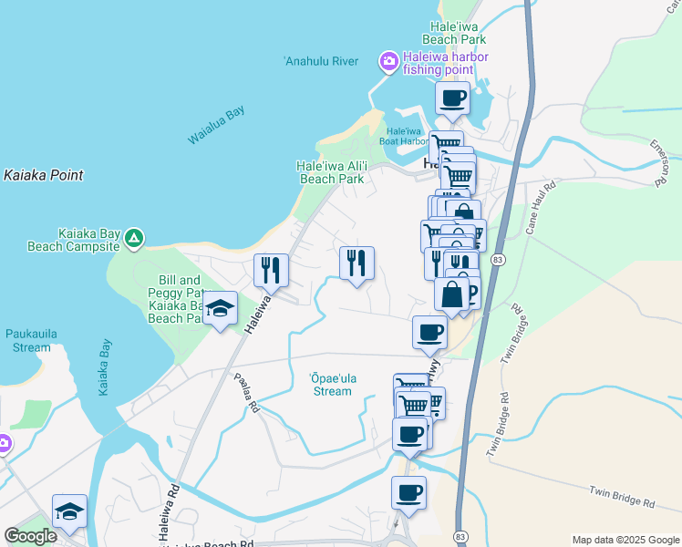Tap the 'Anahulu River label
320,62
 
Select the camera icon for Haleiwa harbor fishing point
389,61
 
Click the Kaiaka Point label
43,175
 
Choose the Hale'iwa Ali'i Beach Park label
333,172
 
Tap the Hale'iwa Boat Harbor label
404,136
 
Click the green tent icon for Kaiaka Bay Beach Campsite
134,239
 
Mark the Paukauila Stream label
32,340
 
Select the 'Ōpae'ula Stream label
325,385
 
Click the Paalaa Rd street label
245,394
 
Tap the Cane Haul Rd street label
540,210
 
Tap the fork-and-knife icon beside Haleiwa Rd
271,269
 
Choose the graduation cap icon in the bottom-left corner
69,511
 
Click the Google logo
30,536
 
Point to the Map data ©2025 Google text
625,540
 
